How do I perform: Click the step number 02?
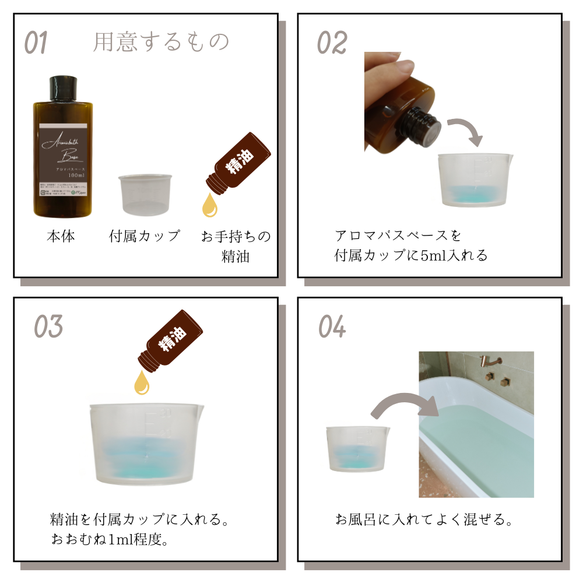(x=332, y=43)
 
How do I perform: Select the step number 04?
(x=332, y=327)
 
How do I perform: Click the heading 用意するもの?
(x=161, y=42)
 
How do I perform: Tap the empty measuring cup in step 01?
(x=146, y=194)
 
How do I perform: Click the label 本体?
(x=61, y=237)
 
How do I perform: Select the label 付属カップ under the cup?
(x=145, y=237)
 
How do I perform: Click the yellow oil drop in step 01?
(x=208, y=206)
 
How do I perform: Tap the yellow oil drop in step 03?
(x=142, y=382)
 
